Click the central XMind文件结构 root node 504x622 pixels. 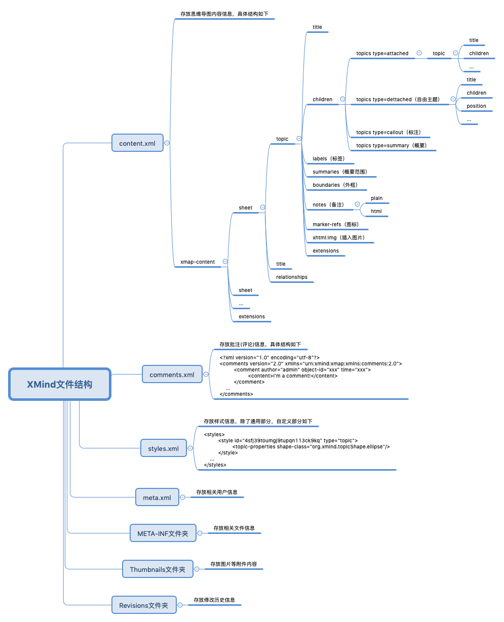click(x=60, y=385)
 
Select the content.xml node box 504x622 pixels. click(x=137, y=143)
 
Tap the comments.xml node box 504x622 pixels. click(x=172, y=375)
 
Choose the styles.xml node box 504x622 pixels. click(x=163, y=448)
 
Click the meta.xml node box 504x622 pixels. click(x=157, y=497)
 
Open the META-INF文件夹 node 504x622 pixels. click(x=163, y=533)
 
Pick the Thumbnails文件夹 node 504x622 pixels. click(x=158, y=569)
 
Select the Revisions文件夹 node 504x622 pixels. click(x=144, y=605)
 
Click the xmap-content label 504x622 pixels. click(x=198, y=262)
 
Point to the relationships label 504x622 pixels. click(x=292, y=277)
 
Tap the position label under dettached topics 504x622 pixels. click(x=476, y=106)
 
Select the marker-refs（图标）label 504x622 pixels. click(x=335, y=224)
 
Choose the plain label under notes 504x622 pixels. click(x=376, y=198)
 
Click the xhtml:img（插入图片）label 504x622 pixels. click(x=338, y=237)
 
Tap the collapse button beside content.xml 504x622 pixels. click(x=167, y=143)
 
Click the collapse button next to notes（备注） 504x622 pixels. click(x=357, y=204)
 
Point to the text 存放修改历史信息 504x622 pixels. click(x=214, y=600)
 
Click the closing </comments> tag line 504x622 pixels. click(x=236, y=394)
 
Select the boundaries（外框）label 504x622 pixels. click(x=335, y=185)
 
